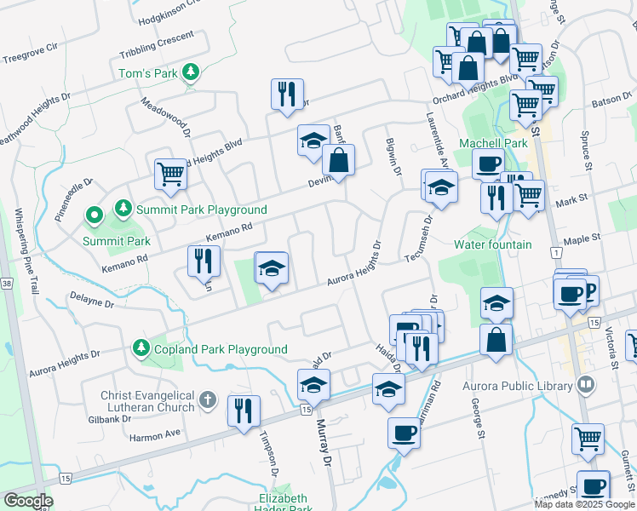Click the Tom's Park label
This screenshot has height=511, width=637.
[x=148, y=73]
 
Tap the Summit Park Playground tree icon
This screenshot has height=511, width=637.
[x=123, y=209]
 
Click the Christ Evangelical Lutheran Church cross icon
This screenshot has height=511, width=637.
[x=208, y=400]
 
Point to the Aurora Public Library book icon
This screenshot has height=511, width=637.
[x=584, y=386]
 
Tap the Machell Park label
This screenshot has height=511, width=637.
[x=493, y=143]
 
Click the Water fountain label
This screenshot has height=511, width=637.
[x=492, y=244]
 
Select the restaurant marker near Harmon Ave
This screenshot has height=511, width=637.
[x=244, y=411]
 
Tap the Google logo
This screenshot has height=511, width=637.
[x=28, y=500]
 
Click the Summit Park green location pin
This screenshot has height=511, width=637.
[x=94, y=216]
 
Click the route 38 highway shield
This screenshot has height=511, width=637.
[x=7, y=283]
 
